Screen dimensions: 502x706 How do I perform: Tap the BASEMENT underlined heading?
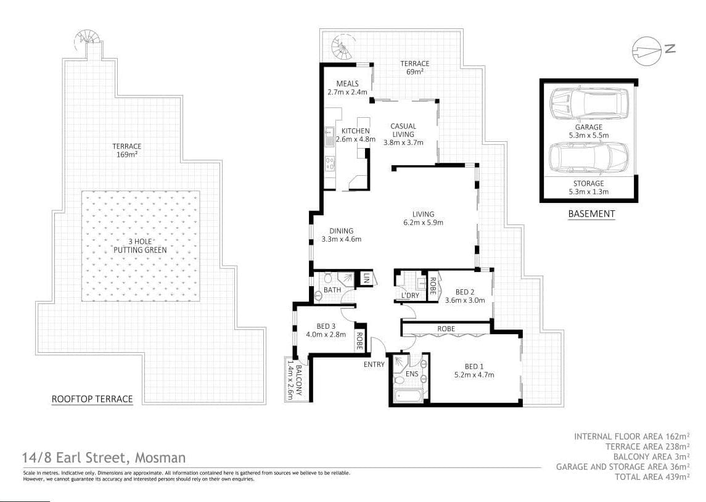591,214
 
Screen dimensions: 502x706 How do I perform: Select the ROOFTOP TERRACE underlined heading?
92,399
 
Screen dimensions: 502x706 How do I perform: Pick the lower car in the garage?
588,157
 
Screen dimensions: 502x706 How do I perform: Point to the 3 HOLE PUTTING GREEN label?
140,246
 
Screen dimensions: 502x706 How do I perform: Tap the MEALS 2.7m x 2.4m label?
348,88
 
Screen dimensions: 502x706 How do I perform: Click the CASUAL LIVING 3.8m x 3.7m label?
403,134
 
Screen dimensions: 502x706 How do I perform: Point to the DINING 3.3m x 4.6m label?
341,235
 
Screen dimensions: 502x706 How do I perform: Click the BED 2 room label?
465,296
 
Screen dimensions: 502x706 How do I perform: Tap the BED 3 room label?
326,331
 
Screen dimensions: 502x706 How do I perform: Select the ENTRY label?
374,364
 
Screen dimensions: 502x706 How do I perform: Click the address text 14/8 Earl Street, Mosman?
103,458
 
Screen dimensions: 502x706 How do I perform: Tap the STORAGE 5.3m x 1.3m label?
588,187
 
